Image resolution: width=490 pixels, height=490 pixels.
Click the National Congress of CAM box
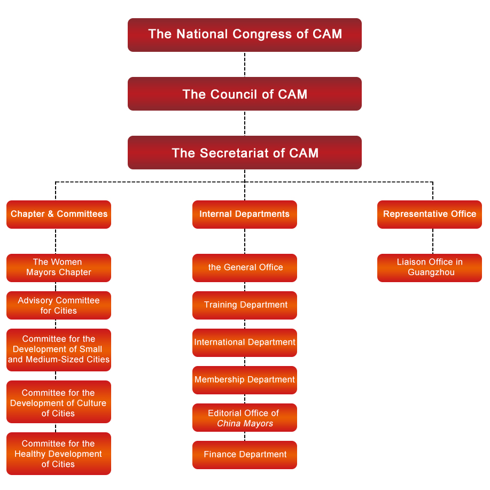point(245,35)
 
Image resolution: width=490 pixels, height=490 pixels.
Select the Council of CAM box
point(245,94)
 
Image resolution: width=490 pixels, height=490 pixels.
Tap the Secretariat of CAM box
point(245,153)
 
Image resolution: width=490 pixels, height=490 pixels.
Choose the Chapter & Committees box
point(59,214)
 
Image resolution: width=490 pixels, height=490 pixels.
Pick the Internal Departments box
point(245,214)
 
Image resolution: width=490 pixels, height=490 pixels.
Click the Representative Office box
point(430,214)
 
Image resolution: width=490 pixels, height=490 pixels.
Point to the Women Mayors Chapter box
point(59,268)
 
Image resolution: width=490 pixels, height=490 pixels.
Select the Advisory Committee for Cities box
point(59,305)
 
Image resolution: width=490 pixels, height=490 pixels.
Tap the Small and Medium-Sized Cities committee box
point(59,349)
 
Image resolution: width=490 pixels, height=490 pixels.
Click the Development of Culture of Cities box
point(59,402)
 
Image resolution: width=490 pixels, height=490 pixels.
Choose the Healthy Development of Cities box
point(59,454)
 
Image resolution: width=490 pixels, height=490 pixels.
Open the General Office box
point(245,268)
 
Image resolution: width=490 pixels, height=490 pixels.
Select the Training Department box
point(245,305)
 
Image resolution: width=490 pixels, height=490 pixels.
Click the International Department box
point(245,343)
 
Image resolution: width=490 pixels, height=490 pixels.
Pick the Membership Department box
point(245,380)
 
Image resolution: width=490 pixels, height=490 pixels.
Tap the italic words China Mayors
point(245,424)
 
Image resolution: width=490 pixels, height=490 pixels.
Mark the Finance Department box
point(245,455)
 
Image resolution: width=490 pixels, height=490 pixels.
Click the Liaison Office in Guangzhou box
point(430,268)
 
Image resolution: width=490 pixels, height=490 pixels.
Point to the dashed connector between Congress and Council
point(245,65)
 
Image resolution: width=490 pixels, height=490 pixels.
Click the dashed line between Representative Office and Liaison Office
point(433,242)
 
